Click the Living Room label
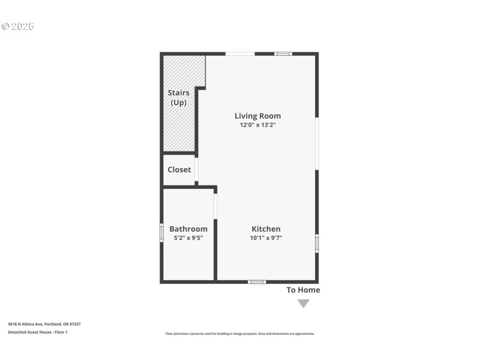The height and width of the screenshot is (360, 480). tap(257, 116)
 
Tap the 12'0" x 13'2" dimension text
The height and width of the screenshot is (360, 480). tap(257, 125)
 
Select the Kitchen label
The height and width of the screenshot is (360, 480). tap(266, 229)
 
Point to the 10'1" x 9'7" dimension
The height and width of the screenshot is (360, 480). tap(266, 238)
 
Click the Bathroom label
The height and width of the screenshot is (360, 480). tap(188, 229)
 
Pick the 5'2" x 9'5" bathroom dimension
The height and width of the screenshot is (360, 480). tap(188, 238)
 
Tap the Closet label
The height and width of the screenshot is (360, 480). tap(179, 170)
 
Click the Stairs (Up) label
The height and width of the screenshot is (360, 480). tap(178, 98)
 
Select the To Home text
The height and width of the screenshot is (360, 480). tap(303, 290)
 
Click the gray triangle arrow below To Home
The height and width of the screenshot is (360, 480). tap(304, 303)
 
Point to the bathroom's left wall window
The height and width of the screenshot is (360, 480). tap(161, 233)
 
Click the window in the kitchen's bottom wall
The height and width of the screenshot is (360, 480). tap(257, 281)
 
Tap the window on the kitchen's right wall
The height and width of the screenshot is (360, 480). tap(317, 244)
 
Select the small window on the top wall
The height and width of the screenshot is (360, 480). tap(283, 54)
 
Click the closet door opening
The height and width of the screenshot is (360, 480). tap(196, 170)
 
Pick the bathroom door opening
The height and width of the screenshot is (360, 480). tap(215, 206)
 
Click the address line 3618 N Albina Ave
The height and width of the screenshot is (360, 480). tap(44, 324)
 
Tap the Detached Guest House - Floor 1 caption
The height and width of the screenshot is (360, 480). tap(38, 332)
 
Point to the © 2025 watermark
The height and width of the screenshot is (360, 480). tap(18, 26)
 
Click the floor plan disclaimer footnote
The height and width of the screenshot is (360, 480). tap(240, 334)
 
